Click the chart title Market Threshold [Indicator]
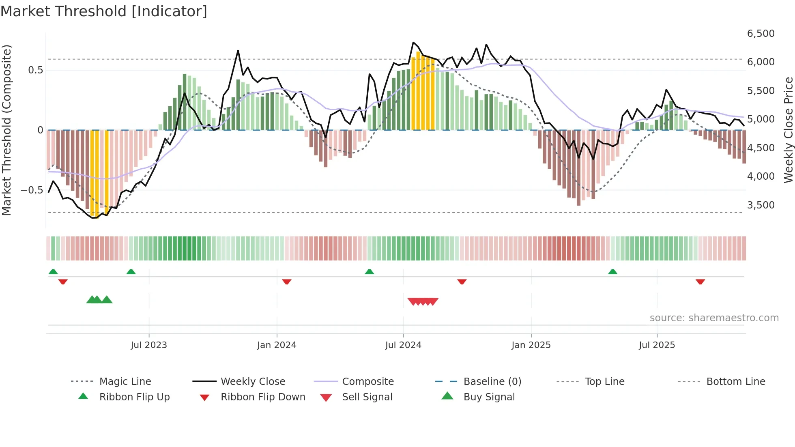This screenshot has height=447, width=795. [104, 11]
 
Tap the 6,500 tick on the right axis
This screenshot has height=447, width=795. [761, 34]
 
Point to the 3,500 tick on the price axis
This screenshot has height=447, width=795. [761, 205]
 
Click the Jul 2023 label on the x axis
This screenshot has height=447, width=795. [149, 345]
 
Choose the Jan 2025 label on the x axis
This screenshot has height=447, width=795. [531, 345]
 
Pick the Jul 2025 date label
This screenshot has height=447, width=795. [657, 345]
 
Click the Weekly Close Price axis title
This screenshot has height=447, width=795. [788, 130]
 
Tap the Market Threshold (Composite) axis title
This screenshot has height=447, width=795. [6, 130]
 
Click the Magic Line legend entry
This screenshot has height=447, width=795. [125, 382]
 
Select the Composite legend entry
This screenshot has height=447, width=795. [368, 382]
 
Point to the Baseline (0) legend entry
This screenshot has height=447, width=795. [492, 382]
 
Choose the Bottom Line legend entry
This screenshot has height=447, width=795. [735, 382]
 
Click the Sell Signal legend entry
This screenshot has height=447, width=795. [367, 397]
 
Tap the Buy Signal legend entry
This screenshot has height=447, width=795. [489, 397]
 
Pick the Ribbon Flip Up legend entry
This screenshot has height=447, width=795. [134, 397]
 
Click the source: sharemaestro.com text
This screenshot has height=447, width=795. [714, 318]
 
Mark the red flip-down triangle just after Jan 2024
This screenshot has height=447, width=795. [287, 282]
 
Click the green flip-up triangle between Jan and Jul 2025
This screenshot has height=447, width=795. [612, 272]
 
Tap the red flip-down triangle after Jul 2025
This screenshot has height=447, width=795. [700, 282]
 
